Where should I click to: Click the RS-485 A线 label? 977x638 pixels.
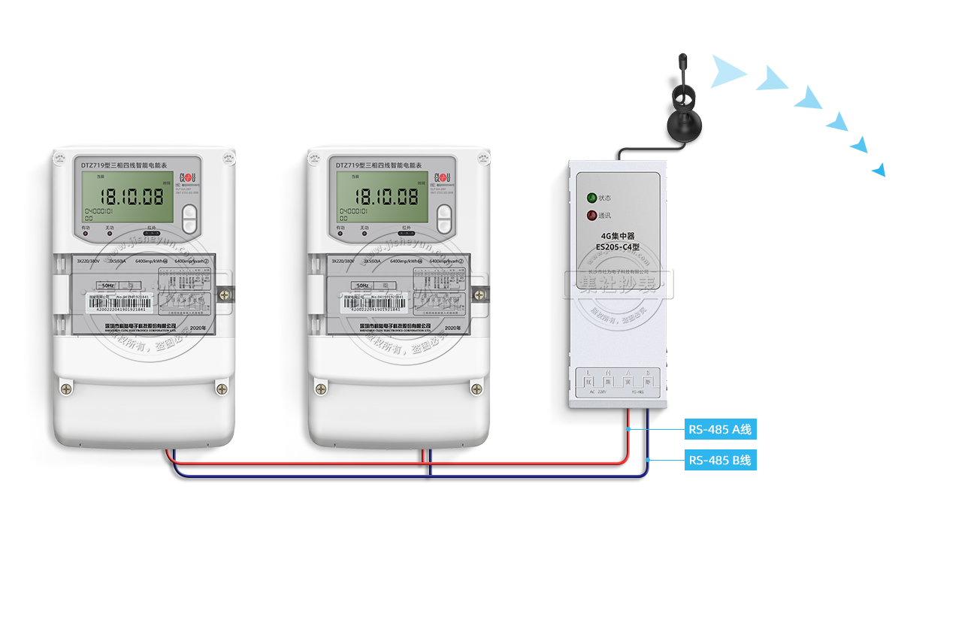(x=719, y=430)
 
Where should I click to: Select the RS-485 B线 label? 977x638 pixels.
(x=719, y=460)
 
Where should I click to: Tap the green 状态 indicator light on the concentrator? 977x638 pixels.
(x=592, y=198)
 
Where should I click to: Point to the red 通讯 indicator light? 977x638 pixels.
(x=592, y=216)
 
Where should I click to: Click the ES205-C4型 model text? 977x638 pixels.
(x=618, y=246)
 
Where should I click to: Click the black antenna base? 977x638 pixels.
(x=684, y=123)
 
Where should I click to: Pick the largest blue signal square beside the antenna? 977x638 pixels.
(x=729, y=71)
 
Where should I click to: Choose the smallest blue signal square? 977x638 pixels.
(x=878, y=170)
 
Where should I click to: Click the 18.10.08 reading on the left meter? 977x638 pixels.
(x=132, y=198)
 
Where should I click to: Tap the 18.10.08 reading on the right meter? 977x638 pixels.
(x=387, y=198)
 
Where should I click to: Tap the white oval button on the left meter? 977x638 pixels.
(x=189, y=219)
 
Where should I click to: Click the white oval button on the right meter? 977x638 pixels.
(x=444, y=219)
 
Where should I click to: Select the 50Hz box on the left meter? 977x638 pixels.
(x=107, y=286)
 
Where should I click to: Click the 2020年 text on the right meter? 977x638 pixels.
(x=452, y=328)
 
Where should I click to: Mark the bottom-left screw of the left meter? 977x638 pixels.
(x=68, y=389)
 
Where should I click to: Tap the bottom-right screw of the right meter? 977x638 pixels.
(x=476, y=389)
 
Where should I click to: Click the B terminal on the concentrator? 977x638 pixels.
(x=648, y=382)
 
